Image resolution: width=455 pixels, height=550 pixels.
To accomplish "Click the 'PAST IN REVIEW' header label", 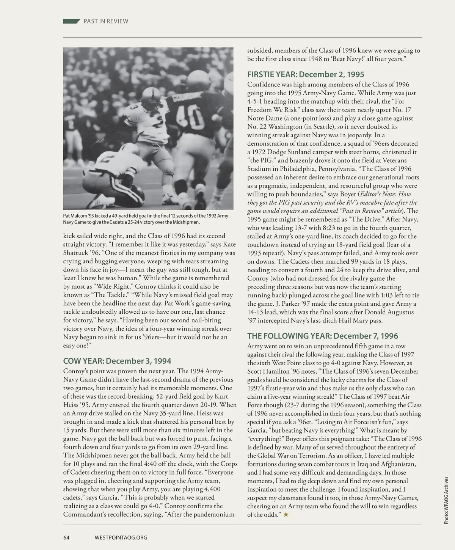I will pyautogui.click(x=106, y=21).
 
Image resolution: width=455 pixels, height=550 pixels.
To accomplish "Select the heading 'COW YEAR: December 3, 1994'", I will pyautogui.click(x=117, y=361).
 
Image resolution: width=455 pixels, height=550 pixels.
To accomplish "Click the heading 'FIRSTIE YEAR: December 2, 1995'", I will pyautogui.click(x=306, y=74).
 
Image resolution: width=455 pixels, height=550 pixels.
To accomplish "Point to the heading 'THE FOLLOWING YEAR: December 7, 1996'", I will pyautogui.click(x=323, y=336).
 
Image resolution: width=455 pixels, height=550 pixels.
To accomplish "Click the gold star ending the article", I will pyautogui.click(x=286, y=515).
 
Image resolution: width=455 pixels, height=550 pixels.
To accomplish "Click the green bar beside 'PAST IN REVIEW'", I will pyautogui.click(x=71, y=21).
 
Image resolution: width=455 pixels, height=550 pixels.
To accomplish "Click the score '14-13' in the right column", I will pyautogui.click(x=256, y=312).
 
